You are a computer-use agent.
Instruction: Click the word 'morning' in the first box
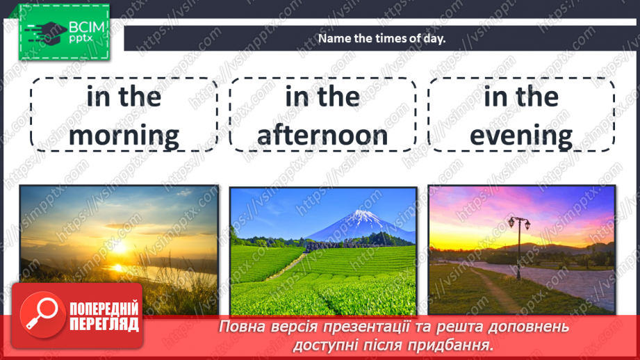tap(124, 136)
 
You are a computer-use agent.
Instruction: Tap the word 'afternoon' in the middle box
tap(322, 136)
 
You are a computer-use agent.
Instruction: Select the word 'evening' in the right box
tap(521, 136)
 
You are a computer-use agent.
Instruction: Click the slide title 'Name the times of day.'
tap(381, 38)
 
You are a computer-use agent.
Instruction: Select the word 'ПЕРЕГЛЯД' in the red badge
tap(104, 324)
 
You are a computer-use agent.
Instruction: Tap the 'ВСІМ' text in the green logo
tap(86, 27)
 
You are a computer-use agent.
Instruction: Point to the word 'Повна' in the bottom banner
tap(240, 327)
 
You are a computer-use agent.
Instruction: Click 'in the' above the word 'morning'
tap(124, 97)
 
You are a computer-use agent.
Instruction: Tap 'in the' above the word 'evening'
tap(521, 97)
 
